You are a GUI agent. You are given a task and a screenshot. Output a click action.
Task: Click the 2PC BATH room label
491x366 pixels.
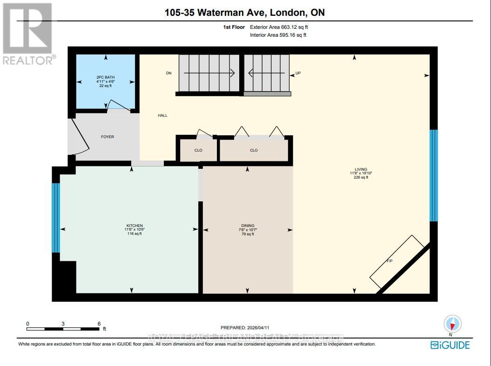106,78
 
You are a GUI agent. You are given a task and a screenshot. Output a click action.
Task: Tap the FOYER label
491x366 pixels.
108,137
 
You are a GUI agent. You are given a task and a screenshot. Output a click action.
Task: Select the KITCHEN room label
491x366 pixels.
133,226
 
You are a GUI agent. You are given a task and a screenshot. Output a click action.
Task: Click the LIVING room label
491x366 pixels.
361,169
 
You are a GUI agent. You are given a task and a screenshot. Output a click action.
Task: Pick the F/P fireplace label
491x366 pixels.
390,261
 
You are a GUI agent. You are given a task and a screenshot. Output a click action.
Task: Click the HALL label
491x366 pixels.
162,115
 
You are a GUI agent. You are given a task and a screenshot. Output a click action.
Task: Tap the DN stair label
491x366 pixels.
169,73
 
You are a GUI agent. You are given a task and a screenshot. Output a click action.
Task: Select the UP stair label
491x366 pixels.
298,73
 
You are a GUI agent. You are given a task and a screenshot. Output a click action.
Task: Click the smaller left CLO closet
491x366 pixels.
198,150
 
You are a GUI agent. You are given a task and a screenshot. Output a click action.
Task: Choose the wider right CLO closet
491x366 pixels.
254,150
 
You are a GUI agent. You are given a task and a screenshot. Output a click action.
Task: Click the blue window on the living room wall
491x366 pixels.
433,175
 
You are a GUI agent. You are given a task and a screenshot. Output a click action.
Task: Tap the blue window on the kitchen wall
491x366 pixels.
56,217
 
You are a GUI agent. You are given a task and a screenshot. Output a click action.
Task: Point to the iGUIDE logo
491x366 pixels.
450,345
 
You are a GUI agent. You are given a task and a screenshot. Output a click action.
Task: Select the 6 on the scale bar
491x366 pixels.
99,324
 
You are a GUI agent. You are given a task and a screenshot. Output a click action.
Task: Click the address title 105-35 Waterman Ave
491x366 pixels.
244,13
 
